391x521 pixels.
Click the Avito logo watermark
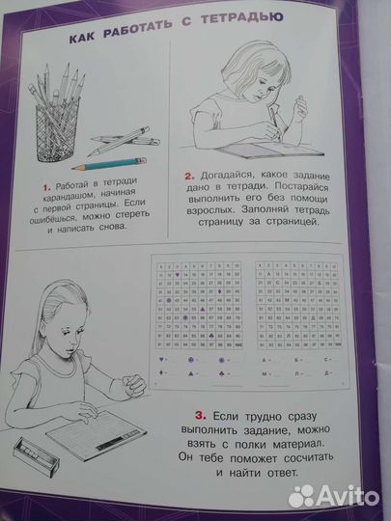[339, 495]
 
